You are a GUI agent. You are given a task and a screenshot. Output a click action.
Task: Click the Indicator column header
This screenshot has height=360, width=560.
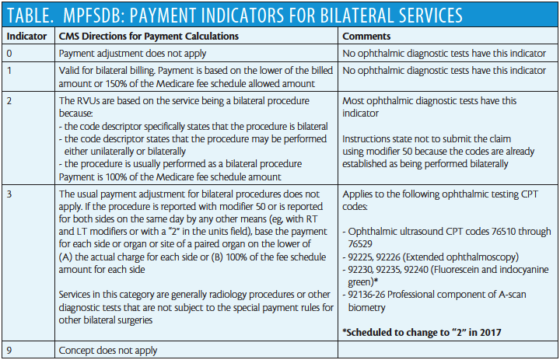tap(26, 36)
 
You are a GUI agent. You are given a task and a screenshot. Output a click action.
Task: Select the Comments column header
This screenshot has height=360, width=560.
tap(366, 36)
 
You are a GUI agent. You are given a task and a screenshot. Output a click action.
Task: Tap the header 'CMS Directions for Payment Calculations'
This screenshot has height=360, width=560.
tap(149, 36)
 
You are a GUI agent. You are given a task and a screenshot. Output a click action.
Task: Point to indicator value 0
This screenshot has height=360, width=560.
tap(9, 54)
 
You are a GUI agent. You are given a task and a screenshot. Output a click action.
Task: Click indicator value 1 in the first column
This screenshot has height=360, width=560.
tap(9, 70)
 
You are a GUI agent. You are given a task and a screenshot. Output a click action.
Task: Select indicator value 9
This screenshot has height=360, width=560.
tap(9, 351)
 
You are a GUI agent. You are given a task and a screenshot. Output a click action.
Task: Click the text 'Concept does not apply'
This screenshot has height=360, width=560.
tap(108, 351)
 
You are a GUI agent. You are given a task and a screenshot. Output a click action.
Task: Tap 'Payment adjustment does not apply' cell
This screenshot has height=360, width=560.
tap(132, 54)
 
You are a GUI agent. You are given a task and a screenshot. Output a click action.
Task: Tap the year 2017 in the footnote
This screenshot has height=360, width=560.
tap(491, 333)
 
